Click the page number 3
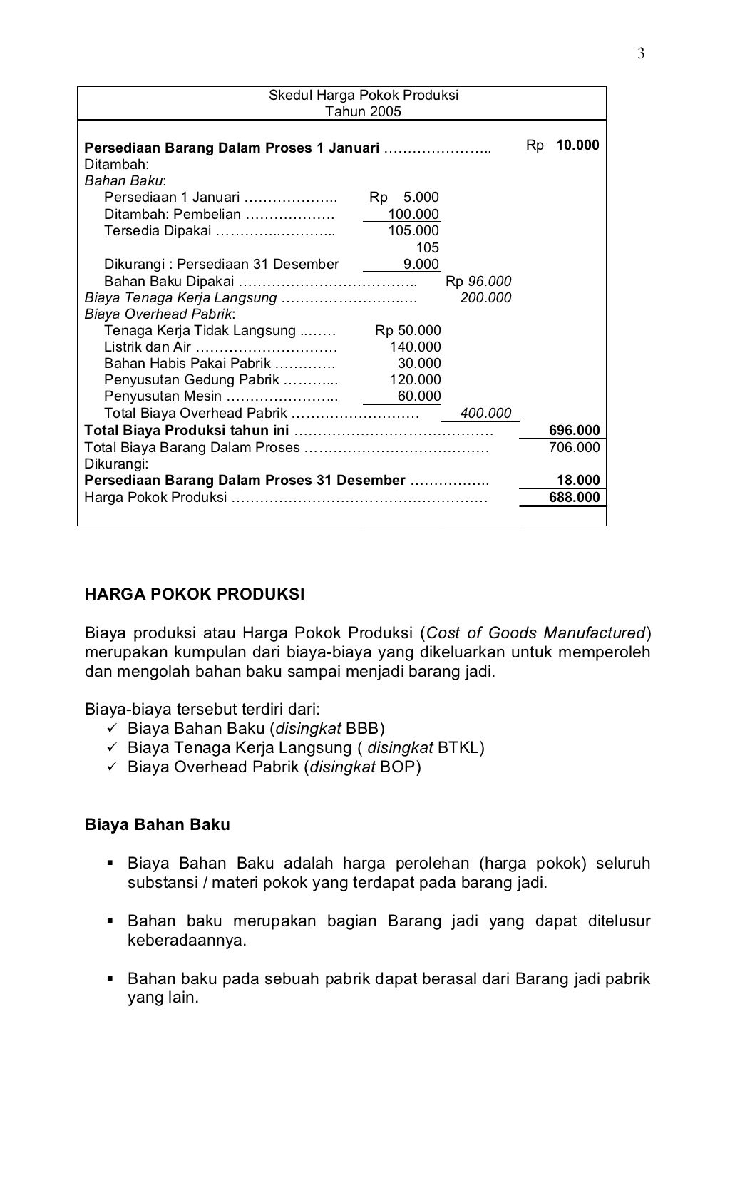click(x=641, y=54)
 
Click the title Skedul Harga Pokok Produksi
click(x=363, y=96)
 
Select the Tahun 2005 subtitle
click(x=363, y=112)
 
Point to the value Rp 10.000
click(x=562, y=145)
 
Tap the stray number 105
click(x=427, y=247)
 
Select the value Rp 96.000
click(x=478, y=282)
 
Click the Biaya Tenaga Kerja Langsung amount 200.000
click(x=485, y=298)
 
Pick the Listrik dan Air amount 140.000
click(x=415, y=347)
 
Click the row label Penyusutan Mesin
click(x=163, y=396)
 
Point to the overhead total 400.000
click(x=485, y=413)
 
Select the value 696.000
click(x=574, y=430)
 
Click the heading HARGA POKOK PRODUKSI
click(x=195, y=594)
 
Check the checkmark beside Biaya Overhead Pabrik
click(x=110, y=767)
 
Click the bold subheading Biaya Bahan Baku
click(x=158, y=825)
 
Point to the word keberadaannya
click(x=186, y=940)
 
